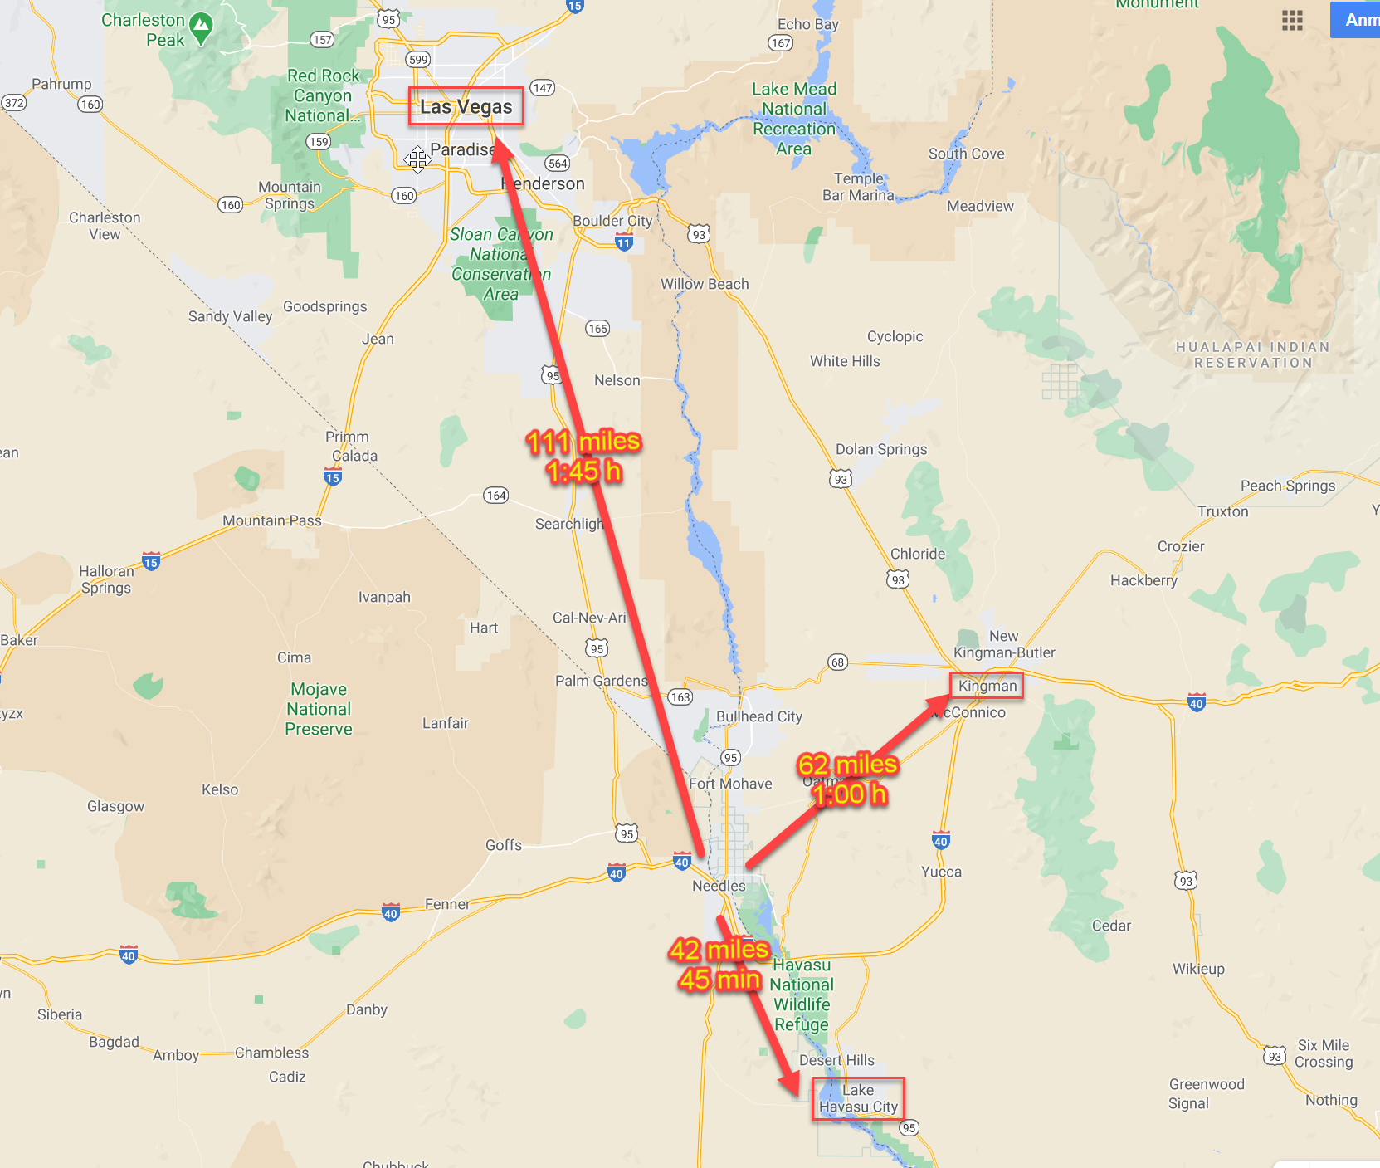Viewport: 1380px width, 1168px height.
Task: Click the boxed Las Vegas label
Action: [x=466, y=107]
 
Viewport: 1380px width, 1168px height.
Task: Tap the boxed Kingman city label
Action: [x=987, y=686]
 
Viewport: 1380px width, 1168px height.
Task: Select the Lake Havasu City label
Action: [x=858, y=1098]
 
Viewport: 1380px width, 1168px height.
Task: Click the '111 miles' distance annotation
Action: [x=583, y=442]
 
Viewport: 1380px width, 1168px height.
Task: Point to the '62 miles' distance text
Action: [x=847, y=765]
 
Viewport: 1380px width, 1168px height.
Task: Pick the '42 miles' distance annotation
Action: [x=719, y=950]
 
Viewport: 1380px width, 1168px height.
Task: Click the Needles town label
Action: [x=719, y=886]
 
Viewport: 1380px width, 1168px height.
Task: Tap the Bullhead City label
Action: [x=759, y=716]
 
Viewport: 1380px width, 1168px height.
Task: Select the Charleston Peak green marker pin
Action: [x=201, y=27]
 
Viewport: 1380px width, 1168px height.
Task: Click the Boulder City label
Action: [x=612, y=221]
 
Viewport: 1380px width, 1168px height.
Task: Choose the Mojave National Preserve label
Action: [x=319, y=709]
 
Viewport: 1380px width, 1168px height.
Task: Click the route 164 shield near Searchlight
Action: [x=496, y=496]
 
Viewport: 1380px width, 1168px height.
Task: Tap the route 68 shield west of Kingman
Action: [x=838, y=662]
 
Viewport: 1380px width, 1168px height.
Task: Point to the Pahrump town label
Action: [x=61, y=84]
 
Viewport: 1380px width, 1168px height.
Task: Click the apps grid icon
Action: [x=1292, y=21]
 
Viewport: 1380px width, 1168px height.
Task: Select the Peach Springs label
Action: [x=1288, y=486]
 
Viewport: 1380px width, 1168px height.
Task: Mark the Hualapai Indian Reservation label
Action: [x=1253, y=354]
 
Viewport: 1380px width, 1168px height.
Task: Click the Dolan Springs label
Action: [x=881, y=449]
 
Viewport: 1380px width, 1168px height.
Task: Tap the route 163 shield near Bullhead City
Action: [x=680, y=696]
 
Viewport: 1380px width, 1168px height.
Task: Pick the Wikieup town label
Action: [x=1198, y=969]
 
